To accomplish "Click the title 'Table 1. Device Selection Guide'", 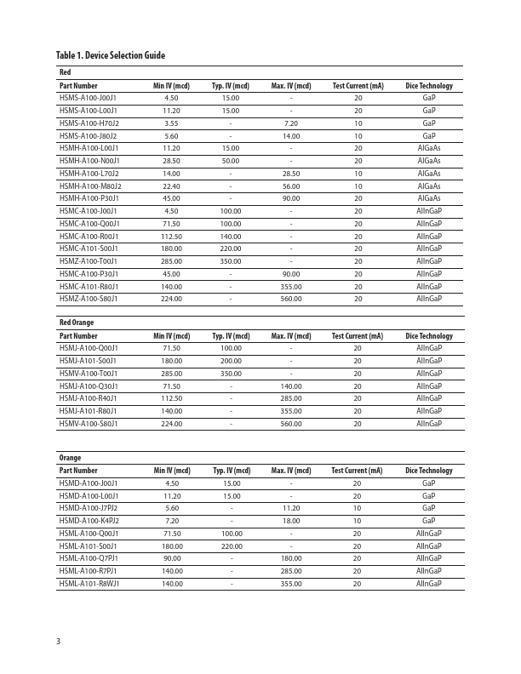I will coord(110,56).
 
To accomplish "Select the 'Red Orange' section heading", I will coord(77,323).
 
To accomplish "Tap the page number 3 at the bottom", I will coord(59,641).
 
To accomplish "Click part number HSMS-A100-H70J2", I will coord(89,123).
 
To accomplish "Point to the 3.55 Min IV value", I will coord(171,123).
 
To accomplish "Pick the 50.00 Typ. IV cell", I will coord(231,161).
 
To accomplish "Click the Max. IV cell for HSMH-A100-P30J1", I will coord(291,198).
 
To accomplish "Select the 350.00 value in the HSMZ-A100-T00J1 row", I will coord(231,261).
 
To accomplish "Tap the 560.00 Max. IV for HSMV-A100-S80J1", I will coord(291,424).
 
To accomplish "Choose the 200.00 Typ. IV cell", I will coord(231,361).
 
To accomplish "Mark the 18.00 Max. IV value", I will coord(291,521).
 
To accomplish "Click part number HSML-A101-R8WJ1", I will coord(89,584).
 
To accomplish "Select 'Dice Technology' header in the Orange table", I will coord(429,471).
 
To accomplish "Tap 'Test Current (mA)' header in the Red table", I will coord(358,86).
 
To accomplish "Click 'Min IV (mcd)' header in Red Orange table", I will coord(171,336).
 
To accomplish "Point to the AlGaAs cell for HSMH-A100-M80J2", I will coord(429,186).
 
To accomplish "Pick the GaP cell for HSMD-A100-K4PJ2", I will coord(429,521).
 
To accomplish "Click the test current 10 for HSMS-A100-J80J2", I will coord(358,136).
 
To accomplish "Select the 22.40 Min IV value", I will coord(171,186).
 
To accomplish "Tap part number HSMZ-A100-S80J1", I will coord(89,299).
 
